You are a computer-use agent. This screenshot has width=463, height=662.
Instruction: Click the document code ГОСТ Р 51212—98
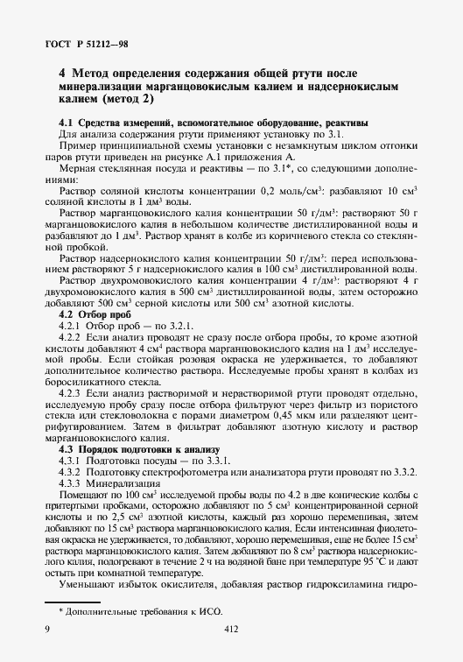81,44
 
